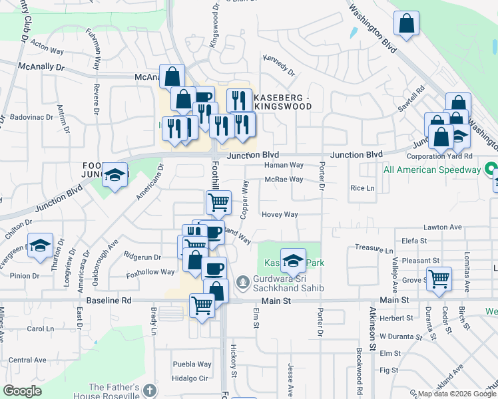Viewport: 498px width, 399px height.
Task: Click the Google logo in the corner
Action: click(22, 391)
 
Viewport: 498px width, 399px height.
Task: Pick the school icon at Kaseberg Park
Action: click(292, 261)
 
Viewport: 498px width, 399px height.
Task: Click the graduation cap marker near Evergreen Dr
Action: click(41, 245)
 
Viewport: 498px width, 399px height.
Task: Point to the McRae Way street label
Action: click(284, 180)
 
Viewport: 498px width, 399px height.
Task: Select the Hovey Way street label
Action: click(280, 214)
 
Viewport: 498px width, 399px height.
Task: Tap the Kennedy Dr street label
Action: click(278, 63)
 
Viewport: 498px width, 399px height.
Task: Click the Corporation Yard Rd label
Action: click(439, 156)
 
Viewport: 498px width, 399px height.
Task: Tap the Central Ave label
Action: click(27, 360)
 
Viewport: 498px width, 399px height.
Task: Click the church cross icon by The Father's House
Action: click(150, 390)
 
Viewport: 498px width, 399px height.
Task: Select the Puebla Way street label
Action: click(192, 364)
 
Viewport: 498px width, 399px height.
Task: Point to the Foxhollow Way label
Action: click(150, 272)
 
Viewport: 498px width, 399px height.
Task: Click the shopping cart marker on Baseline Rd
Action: click(202, 307)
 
